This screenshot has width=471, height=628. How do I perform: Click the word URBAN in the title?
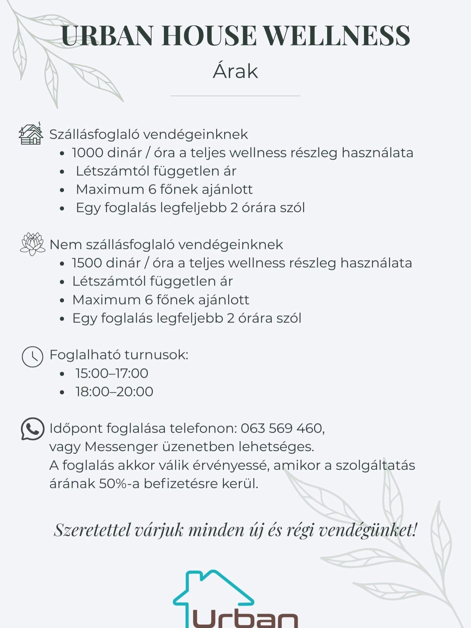[x=107, y=35]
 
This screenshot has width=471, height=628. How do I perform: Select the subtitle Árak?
[x=235, y=71]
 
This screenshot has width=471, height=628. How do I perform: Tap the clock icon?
[x=32, y=356]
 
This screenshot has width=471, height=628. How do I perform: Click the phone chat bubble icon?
[x=32, y=429]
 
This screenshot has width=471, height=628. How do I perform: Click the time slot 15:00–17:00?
[x=112, y=373]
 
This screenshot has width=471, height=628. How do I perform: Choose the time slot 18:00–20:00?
[x=114, y=392]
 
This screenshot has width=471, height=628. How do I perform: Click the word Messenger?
[x=121, y=447]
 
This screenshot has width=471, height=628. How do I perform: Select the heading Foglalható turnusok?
[x=119, y=355]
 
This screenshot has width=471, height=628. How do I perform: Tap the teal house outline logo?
[x=213, y=590]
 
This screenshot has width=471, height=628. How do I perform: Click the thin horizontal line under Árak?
[x=235, y=96]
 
